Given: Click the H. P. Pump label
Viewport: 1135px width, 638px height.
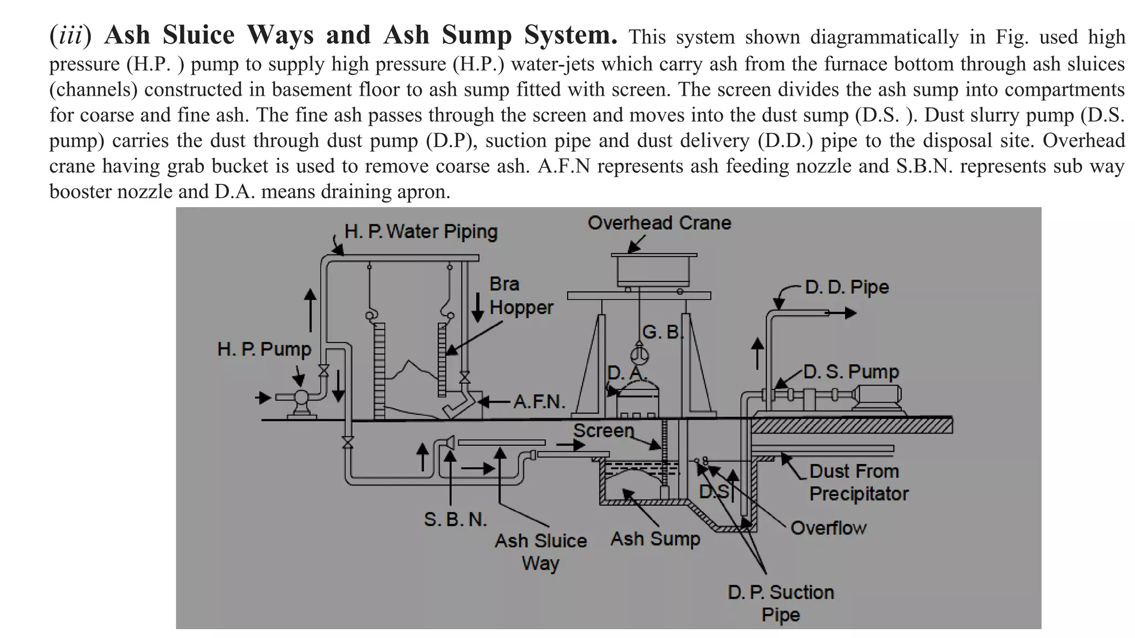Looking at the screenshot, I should (264, 349).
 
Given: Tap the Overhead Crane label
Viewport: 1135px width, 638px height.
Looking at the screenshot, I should (659, 223).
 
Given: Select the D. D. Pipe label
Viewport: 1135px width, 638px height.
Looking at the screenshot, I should (846, 287).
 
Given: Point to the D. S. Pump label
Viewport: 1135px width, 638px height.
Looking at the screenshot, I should (851, 372).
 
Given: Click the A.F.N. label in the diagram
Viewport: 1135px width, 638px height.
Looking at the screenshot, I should (539, 402).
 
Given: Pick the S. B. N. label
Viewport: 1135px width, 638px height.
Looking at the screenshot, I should (455, 519).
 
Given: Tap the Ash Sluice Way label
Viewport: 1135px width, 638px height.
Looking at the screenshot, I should (540, 552).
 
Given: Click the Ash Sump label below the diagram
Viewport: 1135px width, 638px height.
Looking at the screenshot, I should (655, 538).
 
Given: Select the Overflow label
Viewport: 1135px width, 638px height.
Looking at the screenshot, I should (828, 528).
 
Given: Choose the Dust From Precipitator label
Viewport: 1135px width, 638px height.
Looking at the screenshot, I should (858, 482).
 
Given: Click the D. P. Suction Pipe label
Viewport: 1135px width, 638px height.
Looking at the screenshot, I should (780, 603).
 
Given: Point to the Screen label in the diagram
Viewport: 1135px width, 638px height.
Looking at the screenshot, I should (603, 430).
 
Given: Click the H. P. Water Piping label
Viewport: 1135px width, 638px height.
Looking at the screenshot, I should (421, 231).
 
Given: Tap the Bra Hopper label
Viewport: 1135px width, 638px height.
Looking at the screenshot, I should (520, 296).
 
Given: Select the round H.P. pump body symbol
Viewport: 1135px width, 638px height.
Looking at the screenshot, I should (301, 397).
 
